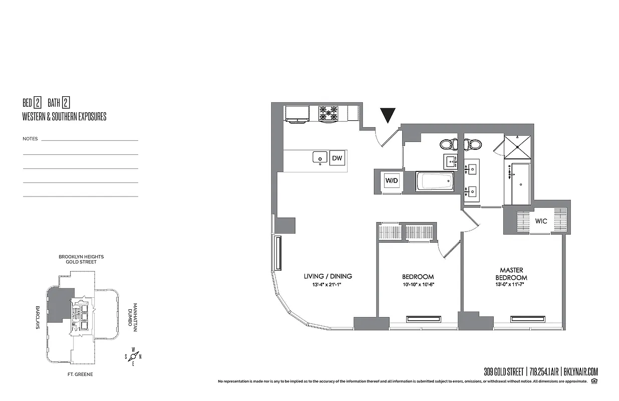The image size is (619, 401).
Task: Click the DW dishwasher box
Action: click(x=338, y=158)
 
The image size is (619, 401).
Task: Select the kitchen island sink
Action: click(x=320, y=157)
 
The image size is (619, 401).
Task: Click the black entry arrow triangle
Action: click(x=388, y=115)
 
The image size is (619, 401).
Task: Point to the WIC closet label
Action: click(x=541, y=221)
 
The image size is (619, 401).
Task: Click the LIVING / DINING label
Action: click(x=328, y=276)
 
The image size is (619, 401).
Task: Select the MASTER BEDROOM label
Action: click(x=511, y=274)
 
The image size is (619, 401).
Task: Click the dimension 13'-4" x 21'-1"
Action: click(x=328, y=286)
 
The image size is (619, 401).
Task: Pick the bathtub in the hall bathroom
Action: click(x=435, y=181)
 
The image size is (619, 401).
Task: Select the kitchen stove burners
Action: click(x=329, y=113)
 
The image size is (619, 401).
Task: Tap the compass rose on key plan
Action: click(x=133, y=356)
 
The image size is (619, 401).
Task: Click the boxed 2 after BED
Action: click(x=38, y=103)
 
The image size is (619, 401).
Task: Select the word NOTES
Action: click(x=30, y=139)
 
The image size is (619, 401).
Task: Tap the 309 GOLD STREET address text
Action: click(x=503, y=372)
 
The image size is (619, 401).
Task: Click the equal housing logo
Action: click(x=594, y=382)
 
